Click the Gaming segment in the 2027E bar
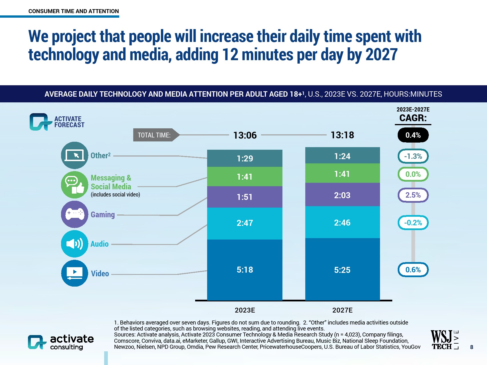click(x=342, y=195)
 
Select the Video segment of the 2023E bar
click(x=244, y=269)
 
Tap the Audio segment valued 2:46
click(x=342, y=222)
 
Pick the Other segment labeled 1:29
click(x=244, y=158)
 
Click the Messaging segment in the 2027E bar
click(x=342, y=173)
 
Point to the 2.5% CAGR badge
click(x=413, y=195)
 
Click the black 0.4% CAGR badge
click(x=413, y=135)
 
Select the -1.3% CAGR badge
click(x=413, y=156)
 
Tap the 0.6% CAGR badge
click(x=413, y=269)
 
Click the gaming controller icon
click(x=74, y=214)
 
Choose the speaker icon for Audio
click(x=74, y=244)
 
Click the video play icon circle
click(x=74, y=273)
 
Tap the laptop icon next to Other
click(x=74, y=155)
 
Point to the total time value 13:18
click(x=342, y=135)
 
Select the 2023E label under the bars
click(x=245, y=310)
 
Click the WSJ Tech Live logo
click(x=444, y=340)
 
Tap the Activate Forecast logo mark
click(x=39, y=122)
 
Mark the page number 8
click(x=472, y=347)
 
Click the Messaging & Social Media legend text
click(x=111, y=182)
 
